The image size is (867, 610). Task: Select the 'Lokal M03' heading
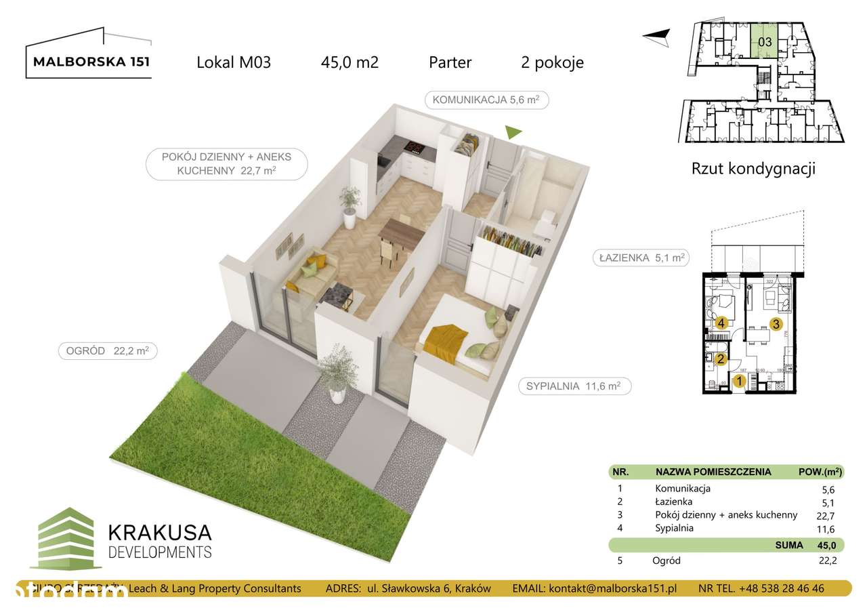[x=234, y=63]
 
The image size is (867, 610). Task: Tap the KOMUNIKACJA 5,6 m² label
[x=486, y=100]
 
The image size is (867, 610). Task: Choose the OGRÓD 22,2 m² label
[x=108, y=350]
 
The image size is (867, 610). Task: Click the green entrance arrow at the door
[x=514, y=133]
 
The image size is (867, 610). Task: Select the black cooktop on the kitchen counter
[x=414, y=148]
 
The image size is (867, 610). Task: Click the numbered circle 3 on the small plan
[x=776, y=323]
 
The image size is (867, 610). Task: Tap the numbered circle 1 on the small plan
[x=739, y=382]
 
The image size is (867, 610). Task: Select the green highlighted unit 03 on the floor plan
[x=764, y=42]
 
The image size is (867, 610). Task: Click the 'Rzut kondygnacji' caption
[x=753, y=169]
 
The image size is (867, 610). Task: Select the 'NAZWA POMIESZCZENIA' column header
[x=713, y=472]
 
